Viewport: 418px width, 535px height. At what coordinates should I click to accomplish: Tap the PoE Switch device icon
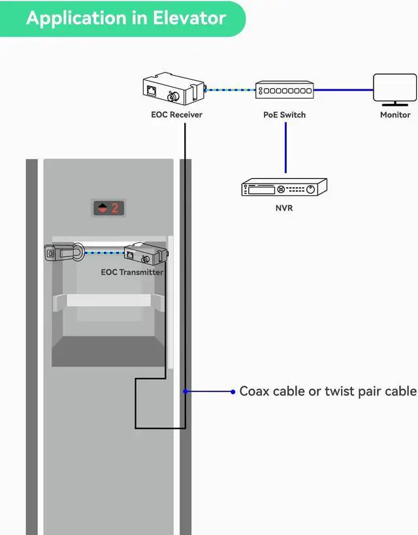click(284, 90)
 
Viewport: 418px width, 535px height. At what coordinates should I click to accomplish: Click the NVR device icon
click(283, 188)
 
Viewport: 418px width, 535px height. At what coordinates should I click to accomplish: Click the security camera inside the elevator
click(63, 252)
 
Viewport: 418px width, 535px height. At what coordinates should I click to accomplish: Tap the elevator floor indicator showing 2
click(108, 208)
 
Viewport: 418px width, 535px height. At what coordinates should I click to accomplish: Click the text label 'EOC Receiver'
click(176, 115)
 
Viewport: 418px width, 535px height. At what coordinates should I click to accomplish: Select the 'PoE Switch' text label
click(284, 115)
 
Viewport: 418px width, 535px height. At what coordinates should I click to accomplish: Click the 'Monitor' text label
click(395, 115)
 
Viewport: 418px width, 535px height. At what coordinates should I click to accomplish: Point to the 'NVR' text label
click(283, 211)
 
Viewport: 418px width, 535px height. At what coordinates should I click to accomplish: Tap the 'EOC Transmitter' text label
click(132, 272)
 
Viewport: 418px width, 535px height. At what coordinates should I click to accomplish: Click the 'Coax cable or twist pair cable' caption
click(327, 391)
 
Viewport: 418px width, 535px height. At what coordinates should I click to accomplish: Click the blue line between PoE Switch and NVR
click(285, 147)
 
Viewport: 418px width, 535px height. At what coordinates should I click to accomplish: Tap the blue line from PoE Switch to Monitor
click(343, 90)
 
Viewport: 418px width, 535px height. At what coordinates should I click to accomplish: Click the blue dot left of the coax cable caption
click(233, 391)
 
